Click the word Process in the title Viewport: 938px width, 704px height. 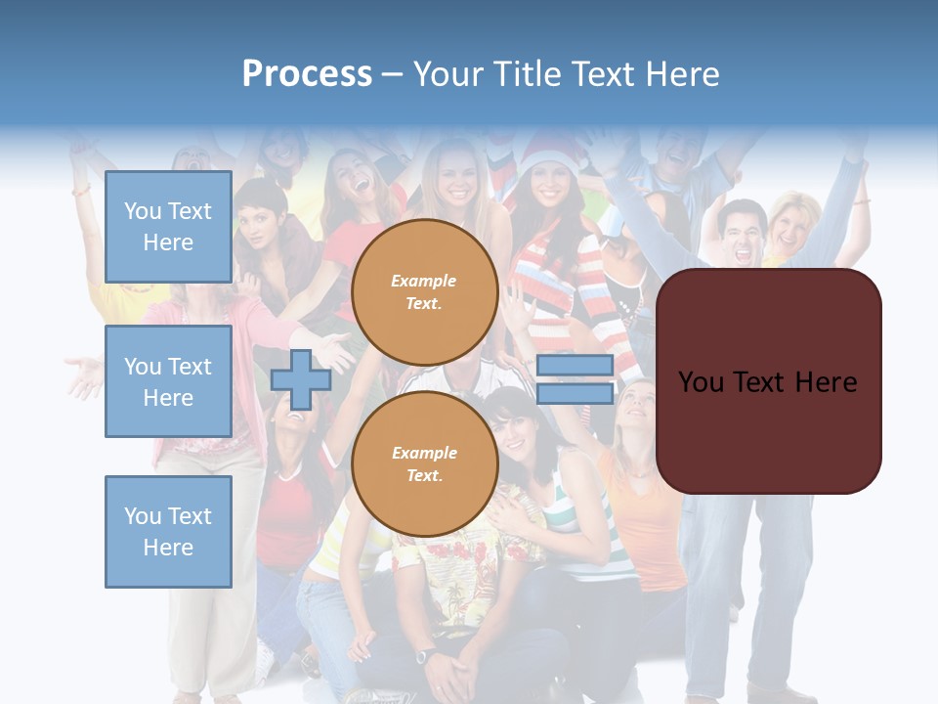point(307,74)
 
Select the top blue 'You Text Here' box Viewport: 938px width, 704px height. point(168,227)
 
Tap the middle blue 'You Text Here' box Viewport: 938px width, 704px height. point(168,381)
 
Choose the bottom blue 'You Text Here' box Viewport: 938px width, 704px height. point(168,532)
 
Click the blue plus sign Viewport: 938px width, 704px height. point(301,379)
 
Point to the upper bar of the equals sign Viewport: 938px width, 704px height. point(575,366)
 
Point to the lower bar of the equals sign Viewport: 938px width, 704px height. point(575,393)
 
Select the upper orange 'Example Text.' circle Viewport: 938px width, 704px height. point(424,292)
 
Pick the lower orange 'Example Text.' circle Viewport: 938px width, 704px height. point(424,464)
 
